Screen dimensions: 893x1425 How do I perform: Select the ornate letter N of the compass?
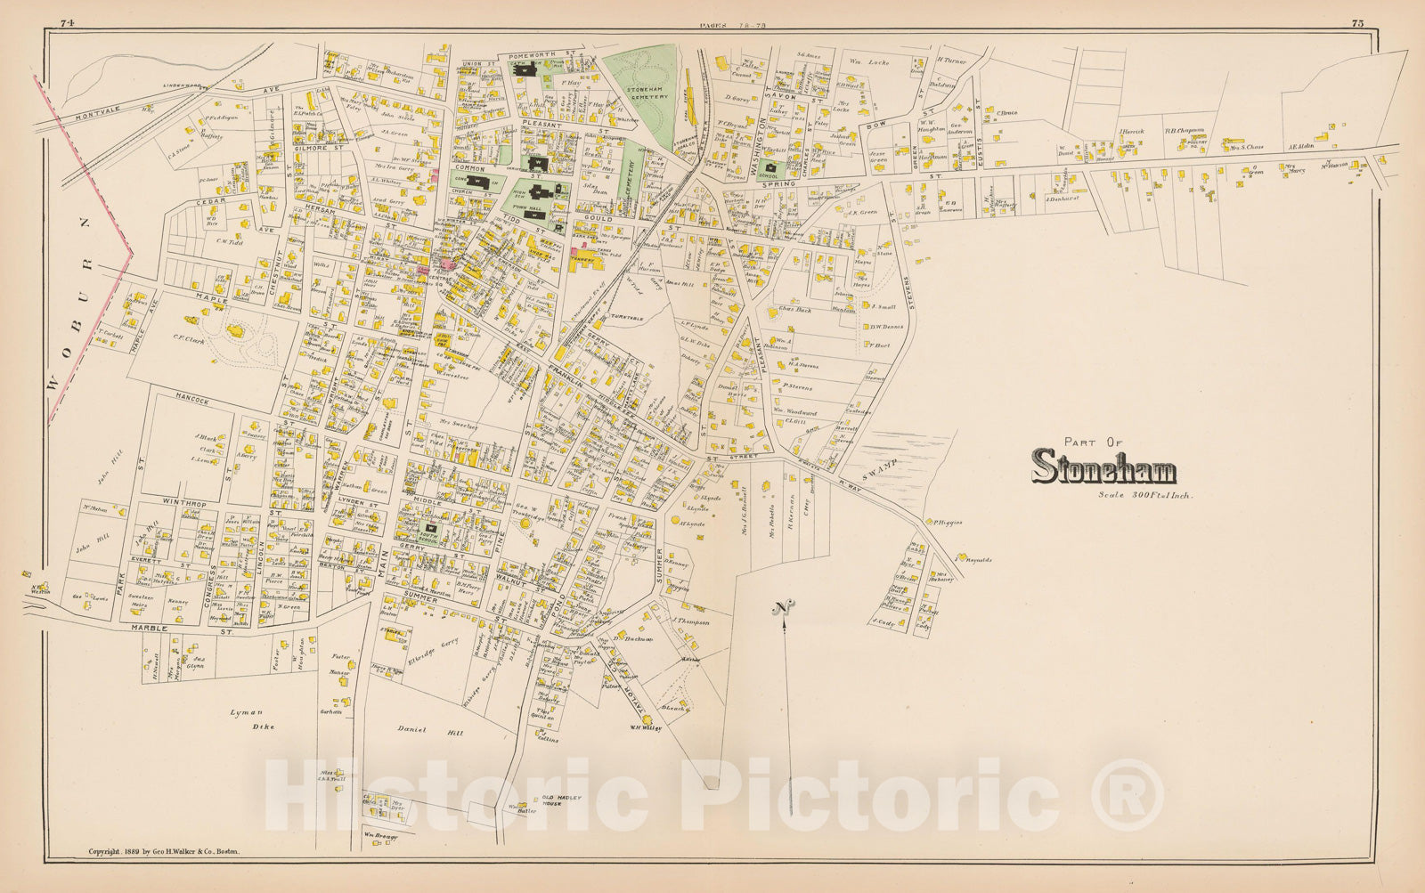(783, 609)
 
